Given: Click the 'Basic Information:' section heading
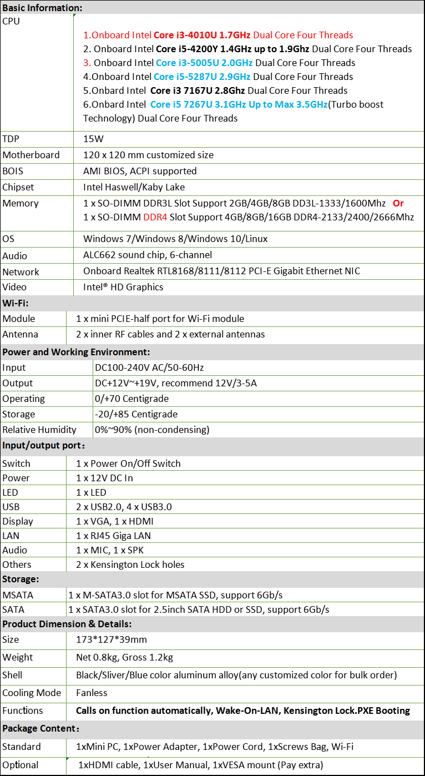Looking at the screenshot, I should pyautogui.click(x=43, y=8).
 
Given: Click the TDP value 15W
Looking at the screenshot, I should pyautogui.click(x=93, y=139).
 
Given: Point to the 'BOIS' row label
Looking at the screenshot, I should pyautogui.click(x=13, y=171).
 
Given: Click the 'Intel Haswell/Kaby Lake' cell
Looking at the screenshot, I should pyautogui.click(x=134, y=187).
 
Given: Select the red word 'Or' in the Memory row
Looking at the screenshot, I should pyautogui.click(x=398, y=203).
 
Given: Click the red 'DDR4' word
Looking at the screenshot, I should pyautogui.click(x=155, y=217).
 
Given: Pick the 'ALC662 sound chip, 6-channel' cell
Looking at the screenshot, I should pyautogui.click(x=148, y=255).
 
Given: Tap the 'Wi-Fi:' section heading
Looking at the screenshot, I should pyautogui.click(x=16, y=303).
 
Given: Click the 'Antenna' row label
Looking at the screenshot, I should pyautogui.click(x=21, y=334).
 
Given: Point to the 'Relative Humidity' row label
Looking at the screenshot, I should pyautogui.click(x=39, y=430).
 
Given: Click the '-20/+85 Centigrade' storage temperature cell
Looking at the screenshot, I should pyautogui.click(x=136, y=414).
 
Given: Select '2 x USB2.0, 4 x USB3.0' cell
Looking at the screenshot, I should pyautogui.click(x=124, y=507).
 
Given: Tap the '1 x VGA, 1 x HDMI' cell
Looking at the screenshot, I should pyautogui.click(x=115, y=521).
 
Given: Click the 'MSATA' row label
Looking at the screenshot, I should pyautogui.click(x=18, y=595).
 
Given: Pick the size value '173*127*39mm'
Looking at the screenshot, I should pyautogui.click(x=112, y=639).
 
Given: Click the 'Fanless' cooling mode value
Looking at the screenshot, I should pyautogui.click(x=92, y=693).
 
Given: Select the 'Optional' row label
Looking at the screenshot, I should pyautogui.click(x=21, y=765).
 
